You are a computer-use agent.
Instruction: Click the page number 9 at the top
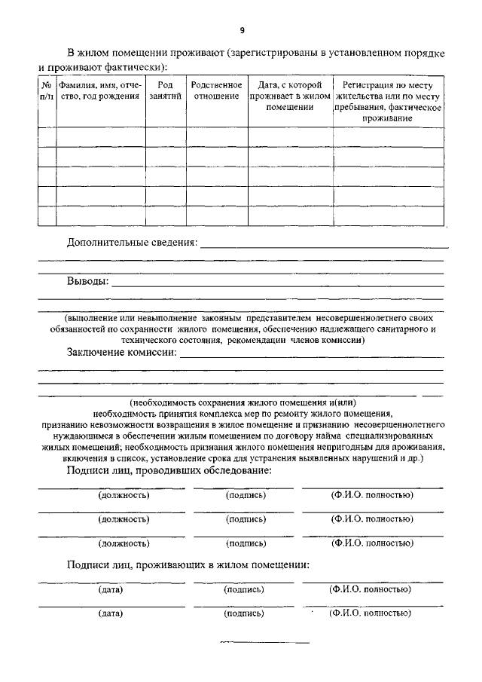click(242, 30)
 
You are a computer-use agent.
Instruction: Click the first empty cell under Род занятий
click(165, 136)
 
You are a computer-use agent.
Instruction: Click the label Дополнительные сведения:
click(132, 243)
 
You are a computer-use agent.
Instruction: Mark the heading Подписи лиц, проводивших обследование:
click(169, 471)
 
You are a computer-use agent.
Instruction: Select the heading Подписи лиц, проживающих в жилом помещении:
click(188, 565)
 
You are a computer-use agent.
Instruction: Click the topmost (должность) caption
click(124, 496)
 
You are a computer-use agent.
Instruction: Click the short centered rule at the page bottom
click(264, 643)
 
